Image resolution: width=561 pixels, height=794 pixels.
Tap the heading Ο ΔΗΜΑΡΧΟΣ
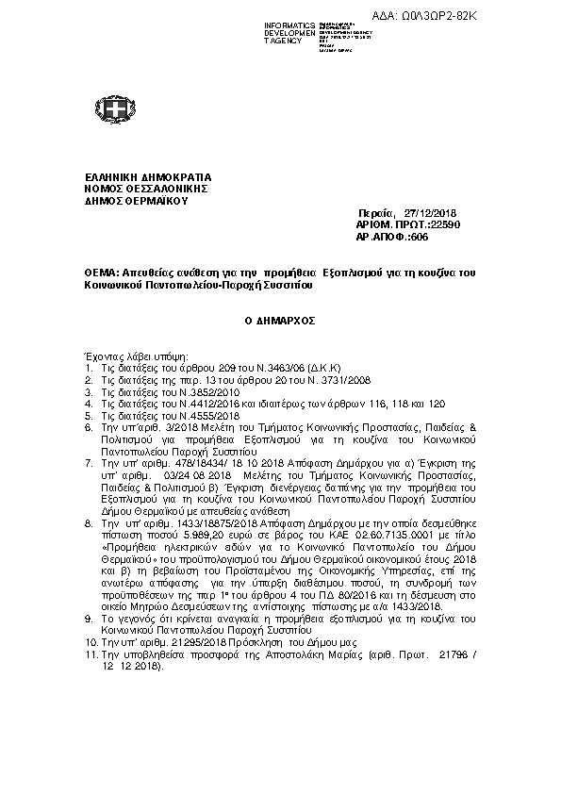point(279,321)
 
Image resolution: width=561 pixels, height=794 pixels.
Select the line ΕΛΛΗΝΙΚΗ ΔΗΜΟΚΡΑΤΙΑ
point(148,176)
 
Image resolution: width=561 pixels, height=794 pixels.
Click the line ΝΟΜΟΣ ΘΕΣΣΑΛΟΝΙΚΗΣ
point(146,188)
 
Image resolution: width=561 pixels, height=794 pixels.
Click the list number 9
point(88,618)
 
